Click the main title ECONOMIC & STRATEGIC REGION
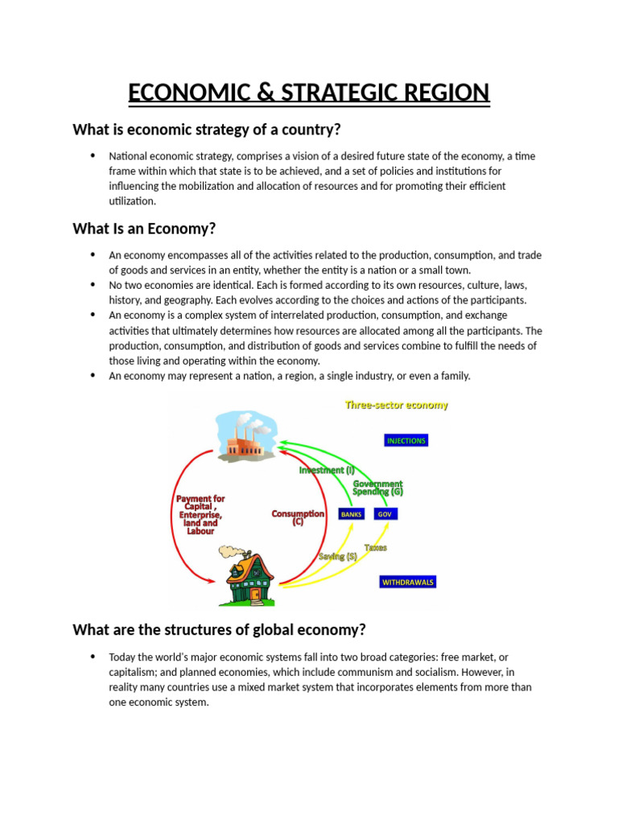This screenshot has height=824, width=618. click(x=309, y=93)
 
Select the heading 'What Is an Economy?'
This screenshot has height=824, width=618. click(x=144, y=229)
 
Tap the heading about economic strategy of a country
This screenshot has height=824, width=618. click(x=207, y=129)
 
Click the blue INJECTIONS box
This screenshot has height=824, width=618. click(x=406, y=441)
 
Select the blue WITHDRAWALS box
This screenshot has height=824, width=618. click(x=408, y=582)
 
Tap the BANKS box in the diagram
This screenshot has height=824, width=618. click(x=352, y=513)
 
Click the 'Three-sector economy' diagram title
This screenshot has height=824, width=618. click(x=397, y=406)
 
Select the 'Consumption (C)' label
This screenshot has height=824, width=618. click(x=298, y=517)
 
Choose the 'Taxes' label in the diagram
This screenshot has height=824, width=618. click(x=376, y=547)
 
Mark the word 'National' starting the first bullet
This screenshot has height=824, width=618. click(x=128, y=156)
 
